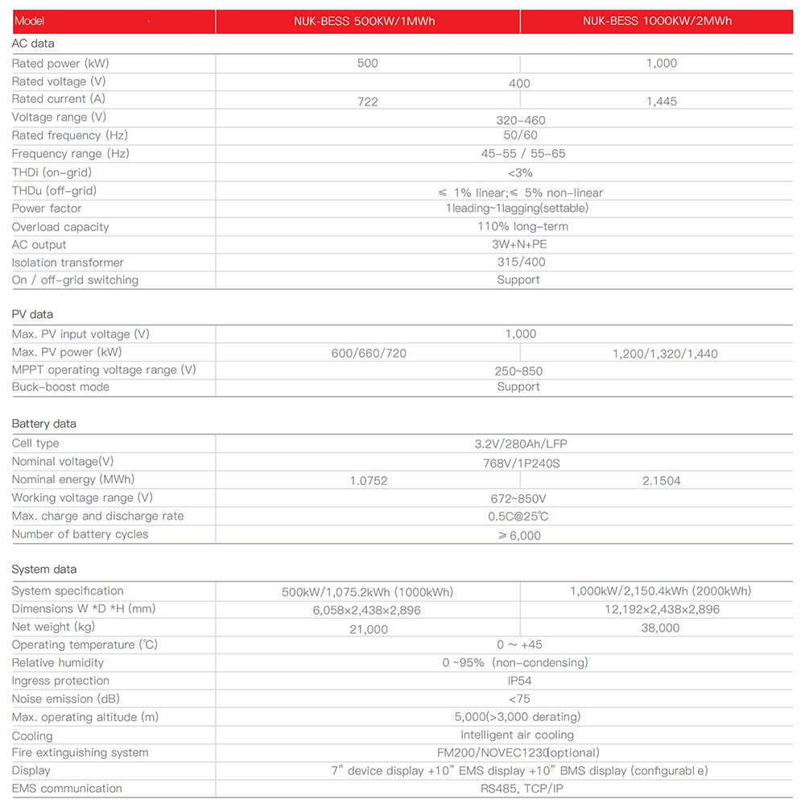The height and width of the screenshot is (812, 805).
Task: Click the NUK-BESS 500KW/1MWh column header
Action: [x=365, y=21]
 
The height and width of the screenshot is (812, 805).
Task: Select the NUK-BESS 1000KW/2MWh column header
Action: [x=657, y=21]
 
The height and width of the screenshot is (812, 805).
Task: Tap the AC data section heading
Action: [x=33, y=43]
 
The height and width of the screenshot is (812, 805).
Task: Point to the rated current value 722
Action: [x=367, y=101]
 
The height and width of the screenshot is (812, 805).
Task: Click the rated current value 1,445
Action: [x=661, y=101]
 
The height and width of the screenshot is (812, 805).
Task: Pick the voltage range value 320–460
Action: [x=520, y=120]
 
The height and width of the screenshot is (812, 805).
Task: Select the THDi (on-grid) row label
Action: [x=52, y=172]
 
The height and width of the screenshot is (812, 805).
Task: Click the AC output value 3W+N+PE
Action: [x=520, y=244]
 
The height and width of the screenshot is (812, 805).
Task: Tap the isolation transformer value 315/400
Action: [x=520, y=262]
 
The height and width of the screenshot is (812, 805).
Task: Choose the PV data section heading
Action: [x=32, y=314]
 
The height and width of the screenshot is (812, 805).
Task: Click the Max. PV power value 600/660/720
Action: [x=369, y=354]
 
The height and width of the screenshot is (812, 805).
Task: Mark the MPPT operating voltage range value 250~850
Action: [x=518, y=371]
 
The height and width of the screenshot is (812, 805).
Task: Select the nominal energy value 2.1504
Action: [x=661, y=481]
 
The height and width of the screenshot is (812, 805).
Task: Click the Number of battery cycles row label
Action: [x=80, y=534]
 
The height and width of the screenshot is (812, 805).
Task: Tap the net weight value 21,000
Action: [x=368, y=629]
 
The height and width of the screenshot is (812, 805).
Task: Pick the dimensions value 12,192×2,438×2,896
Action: [x=662, y=610]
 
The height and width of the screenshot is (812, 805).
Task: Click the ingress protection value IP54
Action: [x=519, y=681]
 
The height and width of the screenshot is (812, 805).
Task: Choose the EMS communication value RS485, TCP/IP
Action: [x=519, y=788]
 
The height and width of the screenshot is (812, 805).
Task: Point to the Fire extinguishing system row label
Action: [x=80, y=752]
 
